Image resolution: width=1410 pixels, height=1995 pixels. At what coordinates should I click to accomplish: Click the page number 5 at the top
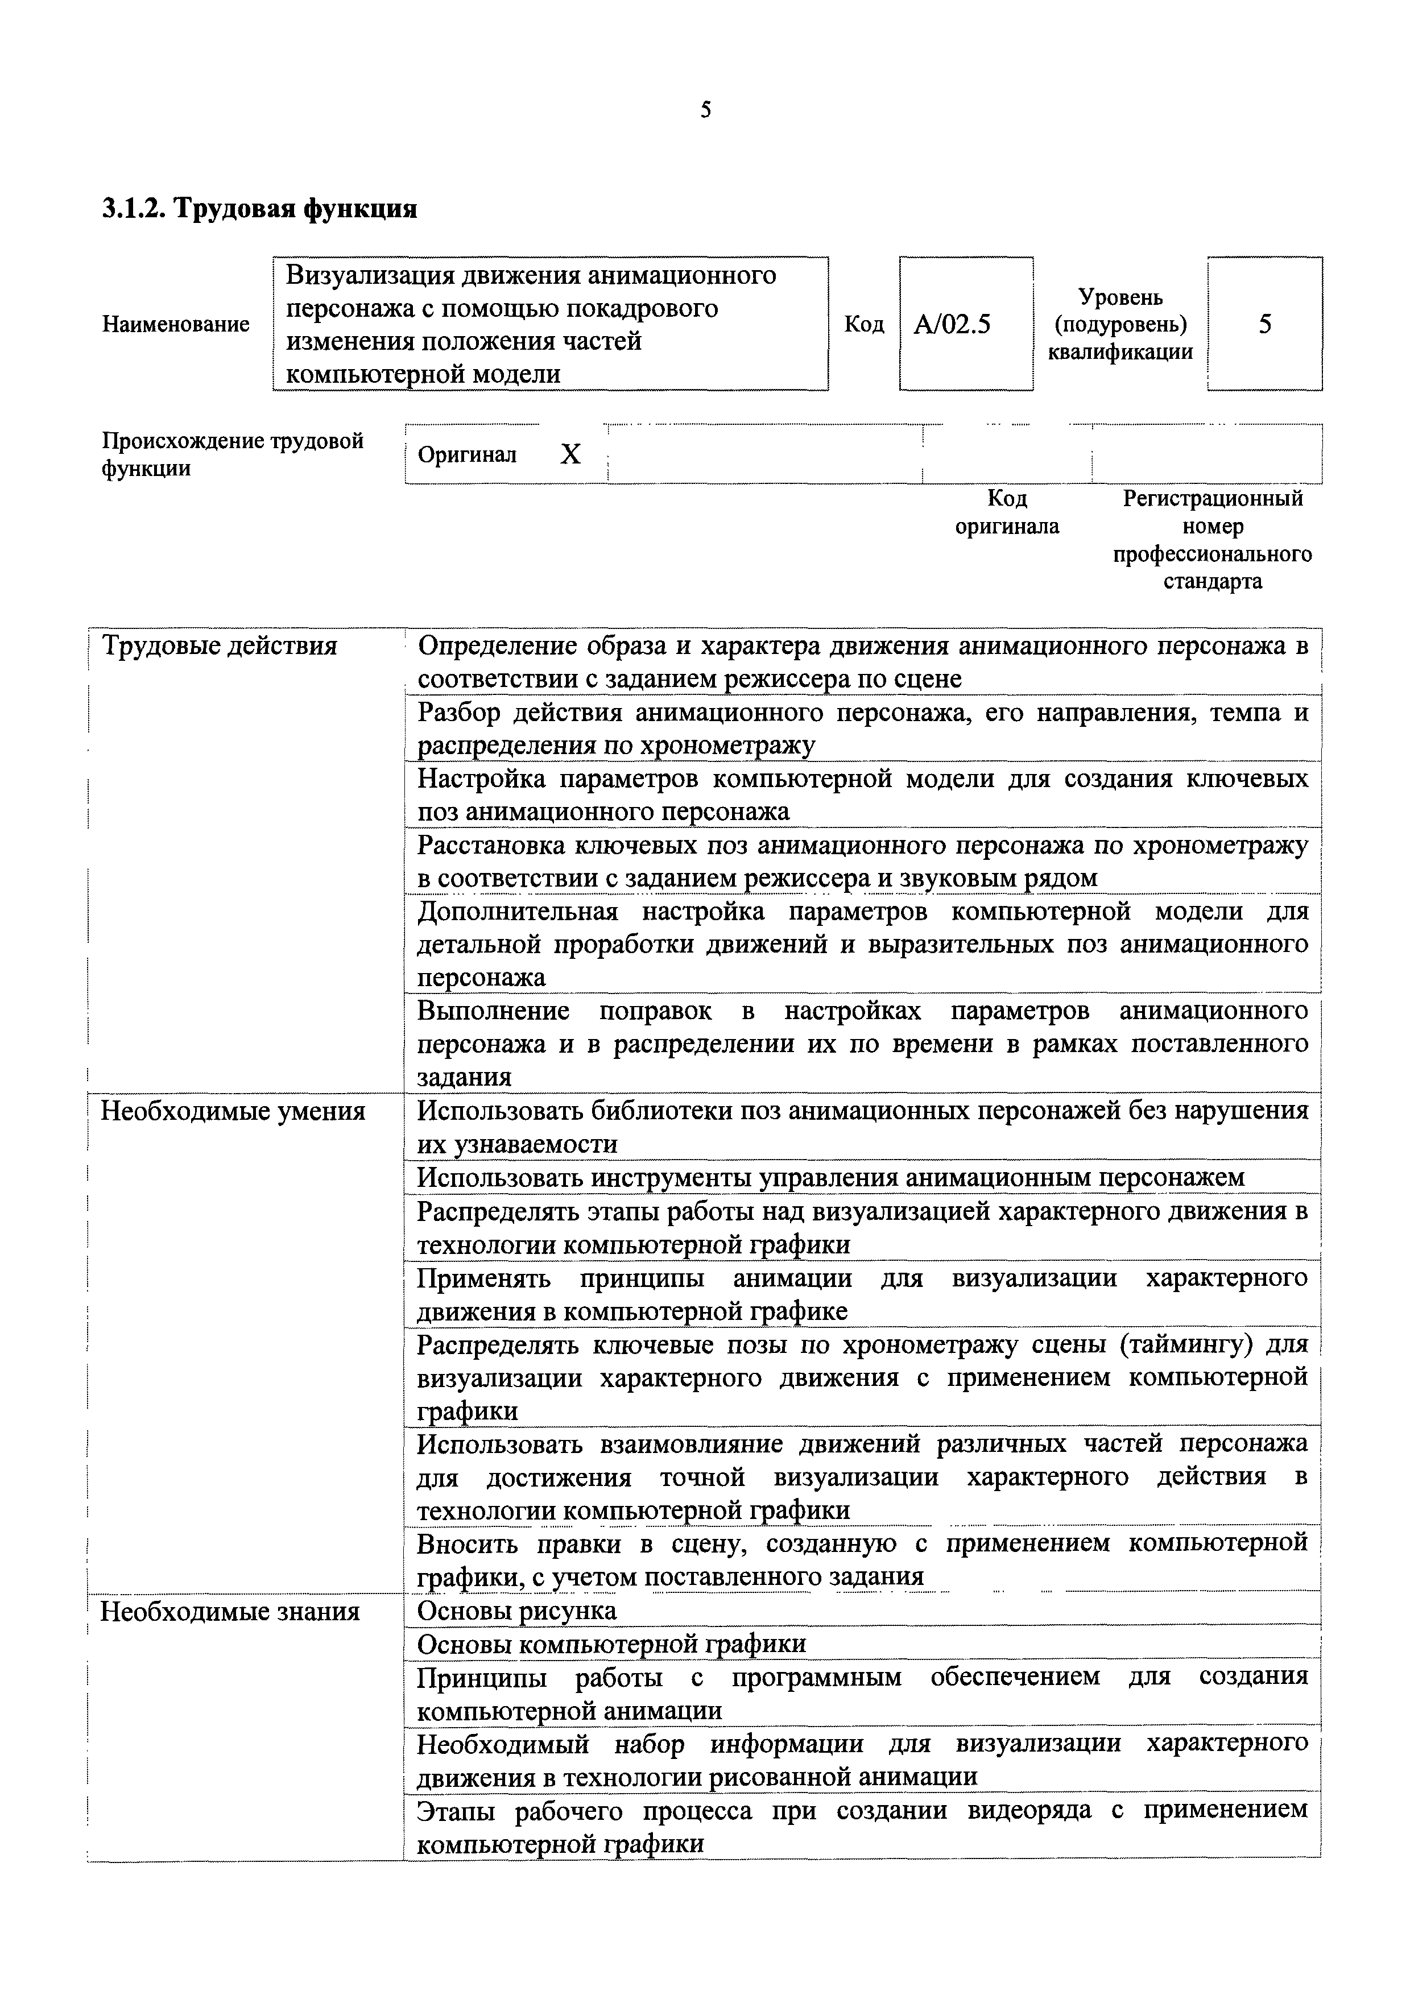pyautogui.click(x=705, y=110)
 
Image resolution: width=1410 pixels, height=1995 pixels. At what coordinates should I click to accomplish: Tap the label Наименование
pyautogui.click(x=176, y=324)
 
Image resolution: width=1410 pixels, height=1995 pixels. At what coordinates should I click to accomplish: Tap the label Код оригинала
pyautogui.click(x=1007, y=512)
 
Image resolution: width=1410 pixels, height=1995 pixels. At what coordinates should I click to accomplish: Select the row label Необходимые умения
pyautogui.click(x=233, y=1111)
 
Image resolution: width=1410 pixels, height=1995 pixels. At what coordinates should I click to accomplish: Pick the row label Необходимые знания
pyautogui.click(x=230, y=1612)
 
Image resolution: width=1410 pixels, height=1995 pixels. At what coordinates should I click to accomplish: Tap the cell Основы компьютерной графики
pyautogui.click(x=611, y=1644)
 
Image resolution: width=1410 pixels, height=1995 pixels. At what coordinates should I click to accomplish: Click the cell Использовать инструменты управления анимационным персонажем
pyautogui.click(x=830, y=1177)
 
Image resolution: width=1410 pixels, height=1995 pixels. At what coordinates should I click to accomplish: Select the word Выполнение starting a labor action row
pyautogui.click(x=493, y=1011)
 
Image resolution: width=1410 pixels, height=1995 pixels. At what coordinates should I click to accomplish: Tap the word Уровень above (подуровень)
pyautogui.click(x=1120, y=297)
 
